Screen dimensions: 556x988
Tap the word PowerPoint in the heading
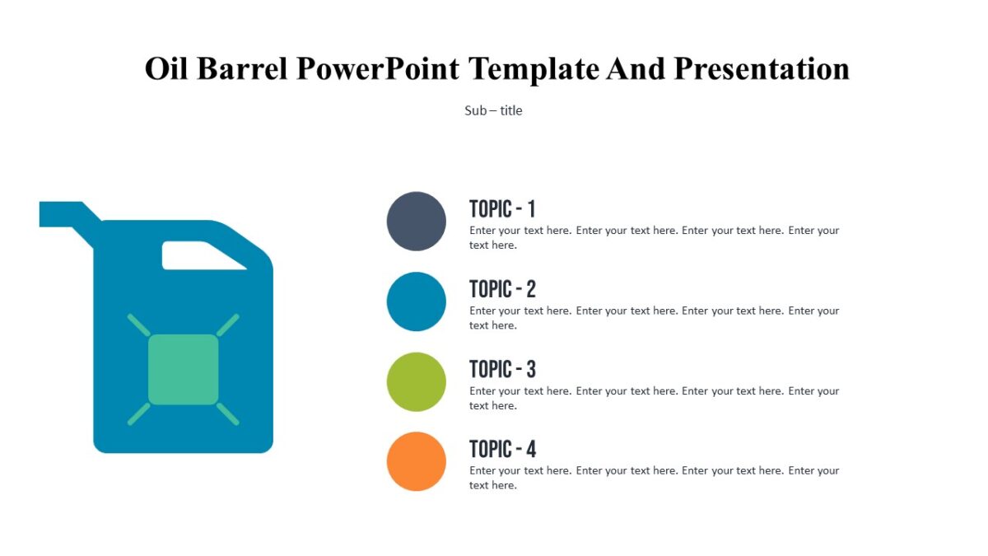pos(378,68)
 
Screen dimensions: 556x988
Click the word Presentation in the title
pos(762,68)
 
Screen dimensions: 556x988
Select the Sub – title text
pos(493,110)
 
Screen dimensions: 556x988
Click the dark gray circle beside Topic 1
pos(417,221)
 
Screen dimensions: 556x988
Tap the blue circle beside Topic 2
pos(417,301)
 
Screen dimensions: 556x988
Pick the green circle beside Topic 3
pos(417,381)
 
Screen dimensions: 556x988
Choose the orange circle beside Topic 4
pos(417,461)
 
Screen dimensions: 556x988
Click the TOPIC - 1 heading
pos(502,208)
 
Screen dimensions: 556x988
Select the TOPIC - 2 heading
pos(502,289)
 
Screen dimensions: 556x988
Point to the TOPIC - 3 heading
pos(502,369)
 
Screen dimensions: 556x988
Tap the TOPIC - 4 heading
pos(502,449)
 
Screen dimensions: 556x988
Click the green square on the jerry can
pos(184,369)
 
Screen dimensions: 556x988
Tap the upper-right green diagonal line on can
pos(228,325)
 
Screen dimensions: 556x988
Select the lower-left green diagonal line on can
pos(139,413)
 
